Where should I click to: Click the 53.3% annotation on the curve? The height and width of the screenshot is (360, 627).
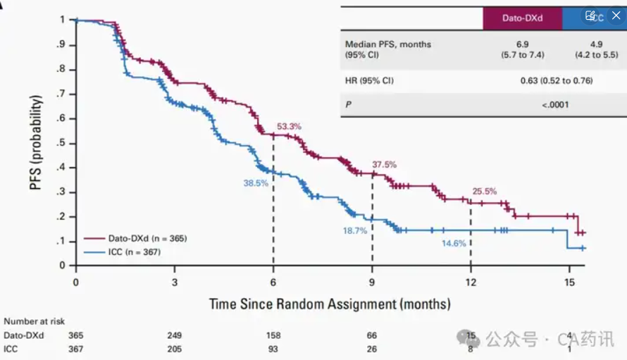click(x=289, y=127)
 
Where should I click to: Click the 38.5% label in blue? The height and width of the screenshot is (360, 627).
click(x=257, y=182)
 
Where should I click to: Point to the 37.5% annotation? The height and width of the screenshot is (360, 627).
click(x=385, y=165)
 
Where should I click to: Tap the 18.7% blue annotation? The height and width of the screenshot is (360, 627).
click(x=354, y=231)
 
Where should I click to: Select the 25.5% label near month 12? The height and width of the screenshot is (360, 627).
click(x=485, y=191)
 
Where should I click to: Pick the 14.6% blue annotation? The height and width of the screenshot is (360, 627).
click(x=454, y=243)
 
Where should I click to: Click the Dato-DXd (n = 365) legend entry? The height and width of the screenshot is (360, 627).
click(x=147, y=238)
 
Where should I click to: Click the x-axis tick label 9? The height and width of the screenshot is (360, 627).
click(x=372, y=282)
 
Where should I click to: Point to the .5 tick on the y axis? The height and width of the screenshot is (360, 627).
click(x=62, y=143)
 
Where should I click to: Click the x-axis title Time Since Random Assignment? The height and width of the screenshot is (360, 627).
click(x=329, y=304)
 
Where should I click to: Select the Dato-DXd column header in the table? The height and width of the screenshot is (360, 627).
click(x=522, y=18)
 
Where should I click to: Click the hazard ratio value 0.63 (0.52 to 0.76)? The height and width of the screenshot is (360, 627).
click(x=557, y=81)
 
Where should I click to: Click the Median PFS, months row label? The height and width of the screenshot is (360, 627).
click(x=388, y=44)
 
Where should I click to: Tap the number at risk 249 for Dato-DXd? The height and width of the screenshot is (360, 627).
click(x=175, y=335)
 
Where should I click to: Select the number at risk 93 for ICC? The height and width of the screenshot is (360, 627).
click(x=273, y=349)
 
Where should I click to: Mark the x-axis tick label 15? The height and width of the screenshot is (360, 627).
click(x=569, y=282)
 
